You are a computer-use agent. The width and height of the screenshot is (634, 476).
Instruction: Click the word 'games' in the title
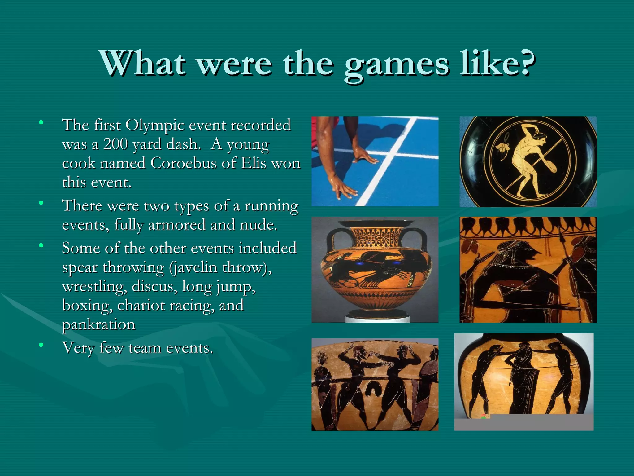396,64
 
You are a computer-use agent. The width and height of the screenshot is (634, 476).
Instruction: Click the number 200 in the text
115,144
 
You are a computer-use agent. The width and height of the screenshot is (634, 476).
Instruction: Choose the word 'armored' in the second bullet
176,225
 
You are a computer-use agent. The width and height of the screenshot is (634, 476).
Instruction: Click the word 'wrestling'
94,286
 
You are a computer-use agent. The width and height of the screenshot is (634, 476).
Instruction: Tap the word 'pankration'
98,325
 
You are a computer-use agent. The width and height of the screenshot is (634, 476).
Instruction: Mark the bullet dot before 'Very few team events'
41,345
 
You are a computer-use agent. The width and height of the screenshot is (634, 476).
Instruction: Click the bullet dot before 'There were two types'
41,203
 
